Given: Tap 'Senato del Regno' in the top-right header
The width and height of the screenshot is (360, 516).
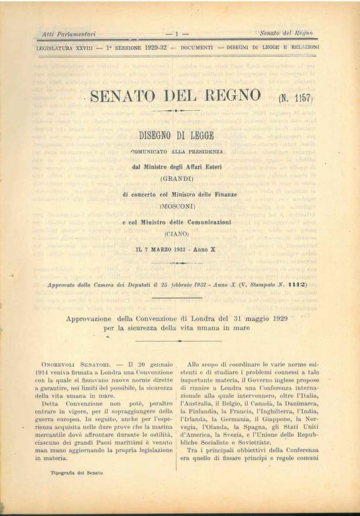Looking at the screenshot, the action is (287, 33).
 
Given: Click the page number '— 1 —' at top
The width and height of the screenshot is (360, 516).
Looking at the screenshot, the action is (176, 33).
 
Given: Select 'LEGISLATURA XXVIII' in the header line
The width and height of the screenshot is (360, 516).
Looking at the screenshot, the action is (66, 47).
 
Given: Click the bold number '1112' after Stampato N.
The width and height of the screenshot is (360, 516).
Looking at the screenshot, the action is (296, 285).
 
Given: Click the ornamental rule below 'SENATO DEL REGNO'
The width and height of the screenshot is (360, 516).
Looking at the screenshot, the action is (176, 110).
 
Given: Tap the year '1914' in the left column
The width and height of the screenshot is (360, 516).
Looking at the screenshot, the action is (51, 372).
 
